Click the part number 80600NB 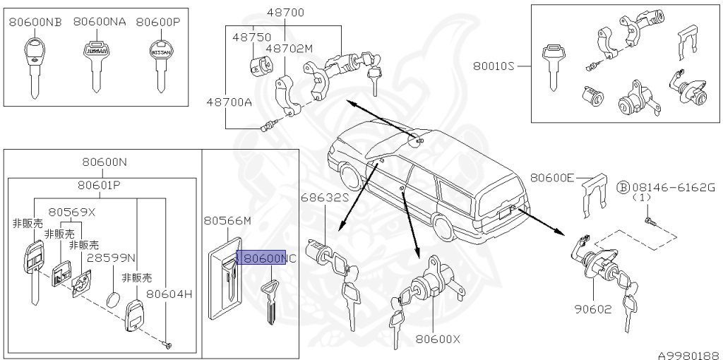(x=35, y=22)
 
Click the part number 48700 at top (x=285, y=13)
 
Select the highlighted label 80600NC (x=261, y=258)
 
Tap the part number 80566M (x=227, y=221)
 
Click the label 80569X (x=71, y=211)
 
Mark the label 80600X (x=437, y=339)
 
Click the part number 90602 (x=593, y=310)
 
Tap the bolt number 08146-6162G (x=674, y=187)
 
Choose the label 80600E (x=552, y=178)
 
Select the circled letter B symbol (x=623, y=187)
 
